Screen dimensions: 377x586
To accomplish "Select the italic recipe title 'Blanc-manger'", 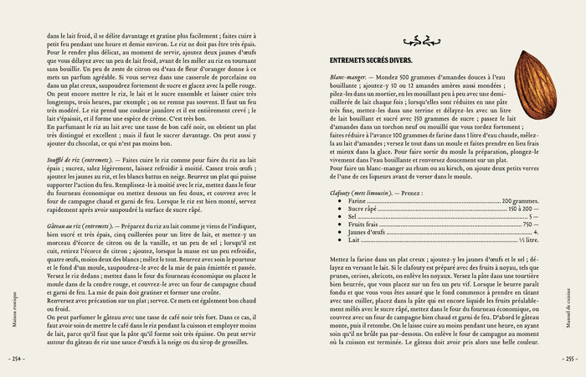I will coord(344,76).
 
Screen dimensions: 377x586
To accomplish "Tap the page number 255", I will coord(571,359).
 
